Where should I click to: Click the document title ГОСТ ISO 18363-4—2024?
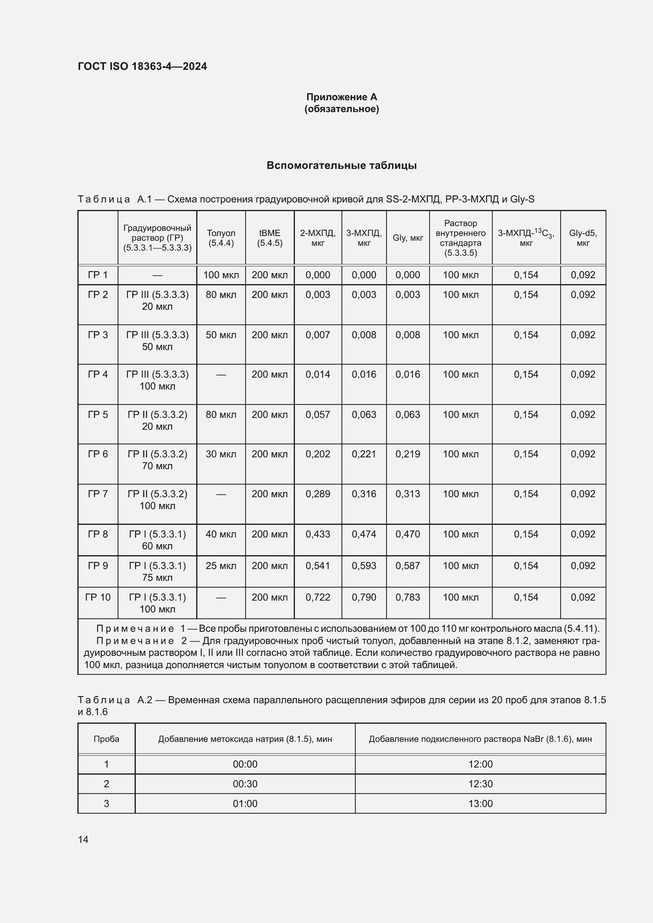click(143, 66)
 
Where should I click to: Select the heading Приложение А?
click(342, 97)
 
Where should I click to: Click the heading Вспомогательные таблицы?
click(342, 166)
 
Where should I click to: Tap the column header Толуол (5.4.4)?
click(221, 238)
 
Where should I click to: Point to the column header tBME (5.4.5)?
click(269, 238)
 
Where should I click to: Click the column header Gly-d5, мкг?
click(583, 238)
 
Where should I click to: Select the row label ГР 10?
click(98, 597)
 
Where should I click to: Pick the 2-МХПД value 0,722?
click(318, 597)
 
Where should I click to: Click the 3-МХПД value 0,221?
click(364, 454)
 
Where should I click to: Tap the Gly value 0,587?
click(407, 565)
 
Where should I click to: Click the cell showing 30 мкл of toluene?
click(221, 454)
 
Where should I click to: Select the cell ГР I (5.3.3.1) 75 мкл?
click(157, 571)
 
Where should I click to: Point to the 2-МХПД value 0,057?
click(318, 414)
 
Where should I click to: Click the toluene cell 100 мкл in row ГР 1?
click(221, 275)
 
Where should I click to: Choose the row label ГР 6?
click(98, 454)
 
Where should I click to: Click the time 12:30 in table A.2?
click(480, 784)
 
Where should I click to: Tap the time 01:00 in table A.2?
click(245, 803)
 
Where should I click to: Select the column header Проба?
click(106, 739)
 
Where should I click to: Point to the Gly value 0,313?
click(407, 494)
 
